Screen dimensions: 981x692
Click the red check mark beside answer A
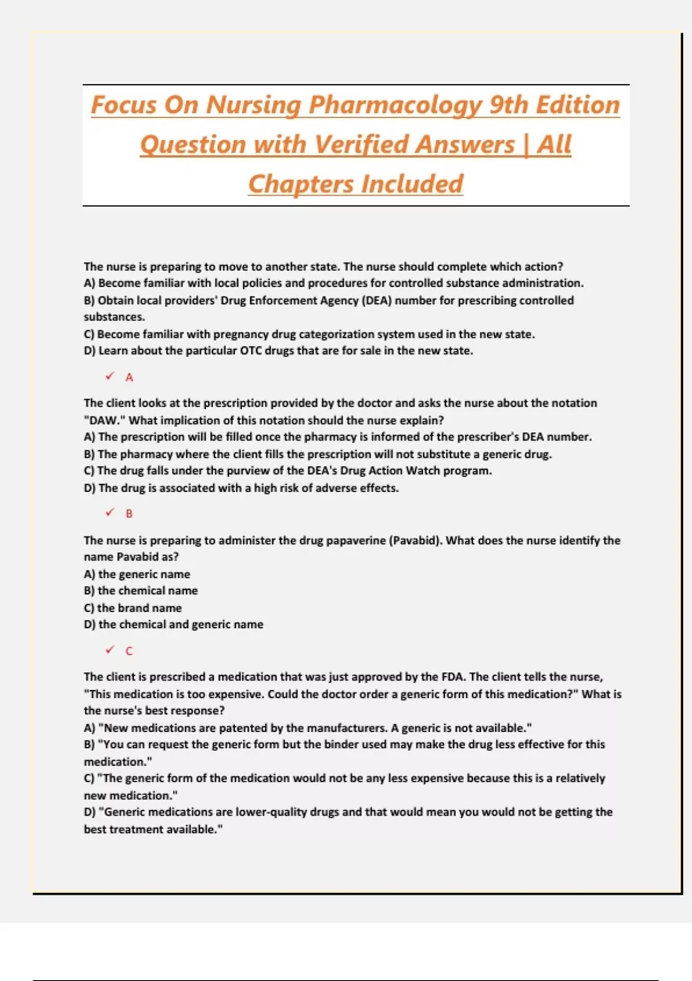[110, 376]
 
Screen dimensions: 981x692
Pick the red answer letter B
[129, 514]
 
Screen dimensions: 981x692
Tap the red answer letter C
[129, 651]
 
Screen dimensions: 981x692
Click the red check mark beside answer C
[110, 650]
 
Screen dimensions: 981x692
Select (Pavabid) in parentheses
[415, 541]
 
